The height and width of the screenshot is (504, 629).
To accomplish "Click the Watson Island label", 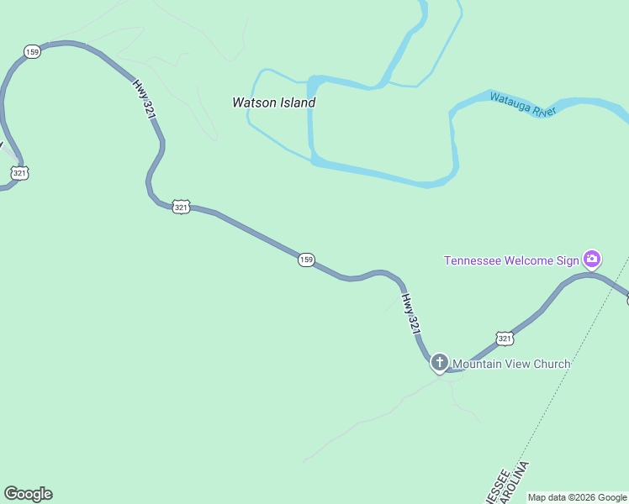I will (273, 102).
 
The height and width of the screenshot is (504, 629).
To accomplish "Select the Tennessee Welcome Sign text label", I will (511, 260).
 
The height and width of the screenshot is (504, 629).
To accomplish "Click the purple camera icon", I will (592, 259).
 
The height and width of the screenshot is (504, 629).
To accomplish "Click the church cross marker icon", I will (439, 363).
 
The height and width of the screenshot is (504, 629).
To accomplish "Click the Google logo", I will (28, 494).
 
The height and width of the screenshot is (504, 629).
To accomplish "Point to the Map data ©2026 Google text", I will (577, 497).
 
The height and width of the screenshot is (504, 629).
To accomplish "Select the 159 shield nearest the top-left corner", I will (32, 52).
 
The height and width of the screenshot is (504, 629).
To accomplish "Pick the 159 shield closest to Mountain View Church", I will (306, 260).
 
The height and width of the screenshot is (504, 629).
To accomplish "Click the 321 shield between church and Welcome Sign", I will (504, 338).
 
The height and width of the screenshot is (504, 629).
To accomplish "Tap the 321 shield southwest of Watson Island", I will (181, 207).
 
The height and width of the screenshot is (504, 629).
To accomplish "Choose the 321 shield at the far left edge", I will (20, 173).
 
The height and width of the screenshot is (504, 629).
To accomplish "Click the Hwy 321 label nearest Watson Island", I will (145, 99).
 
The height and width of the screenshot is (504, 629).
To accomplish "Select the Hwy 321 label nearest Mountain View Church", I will (410, 314).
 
